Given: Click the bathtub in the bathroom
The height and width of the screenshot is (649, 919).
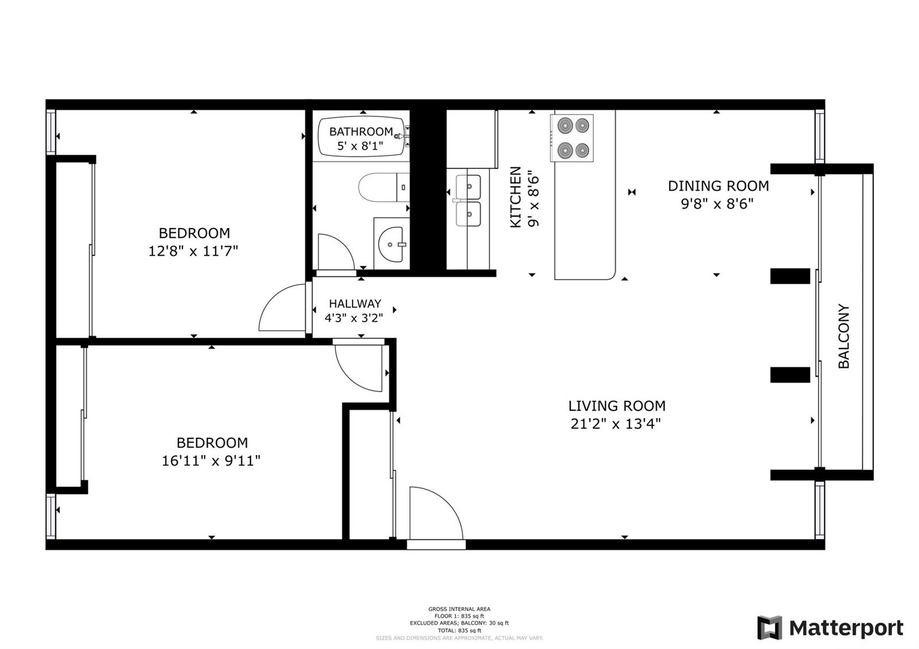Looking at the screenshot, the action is coord(361,137).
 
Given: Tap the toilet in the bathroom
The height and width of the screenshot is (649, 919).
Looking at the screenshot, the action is coord(383,187).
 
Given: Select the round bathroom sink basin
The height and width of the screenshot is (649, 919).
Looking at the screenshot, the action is coord(391,244).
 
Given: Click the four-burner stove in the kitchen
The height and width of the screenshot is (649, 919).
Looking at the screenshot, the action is coord(572,138).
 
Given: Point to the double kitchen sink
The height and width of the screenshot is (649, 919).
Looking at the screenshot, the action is coord(468,200).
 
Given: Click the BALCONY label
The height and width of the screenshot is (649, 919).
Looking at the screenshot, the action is coord(843,336).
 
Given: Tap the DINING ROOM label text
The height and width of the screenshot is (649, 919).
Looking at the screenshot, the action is coord(718,186).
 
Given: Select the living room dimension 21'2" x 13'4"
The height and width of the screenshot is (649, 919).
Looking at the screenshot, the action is coord(615,423).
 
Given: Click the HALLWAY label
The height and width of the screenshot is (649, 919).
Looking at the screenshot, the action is coord(355,304).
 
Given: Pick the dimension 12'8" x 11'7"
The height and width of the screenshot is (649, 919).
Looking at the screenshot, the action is coord(193,250).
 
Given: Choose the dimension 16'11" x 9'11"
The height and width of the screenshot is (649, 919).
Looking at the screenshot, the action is coord(211,461).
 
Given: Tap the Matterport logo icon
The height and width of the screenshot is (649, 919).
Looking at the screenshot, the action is coord(769,628).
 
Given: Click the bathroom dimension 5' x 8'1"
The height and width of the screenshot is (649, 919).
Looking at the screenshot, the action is coord(360,146).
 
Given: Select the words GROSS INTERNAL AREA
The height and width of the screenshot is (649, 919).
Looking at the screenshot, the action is coord(459,609).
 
